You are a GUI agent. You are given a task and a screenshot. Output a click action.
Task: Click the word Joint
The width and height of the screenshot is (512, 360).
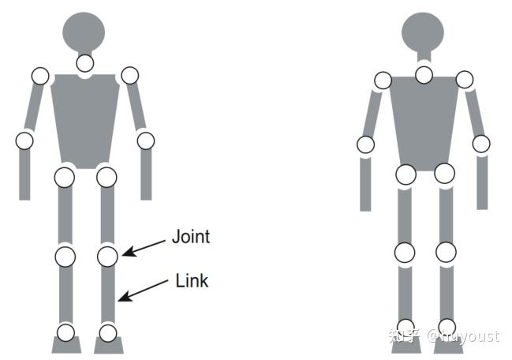tap(191, 236)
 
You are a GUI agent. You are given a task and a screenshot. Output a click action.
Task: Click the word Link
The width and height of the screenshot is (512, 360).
tap(192, 280)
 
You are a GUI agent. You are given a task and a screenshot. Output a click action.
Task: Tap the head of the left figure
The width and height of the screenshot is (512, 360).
tap(84, 32)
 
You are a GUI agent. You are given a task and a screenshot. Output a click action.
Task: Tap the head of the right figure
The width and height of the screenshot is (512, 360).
tap(424, 32)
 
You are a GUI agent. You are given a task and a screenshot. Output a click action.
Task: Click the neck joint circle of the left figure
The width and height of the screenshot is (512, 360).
tap(84, 63)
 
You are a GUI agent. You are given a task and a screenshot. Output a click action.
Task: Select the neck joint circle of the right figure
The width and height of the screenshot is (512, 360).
tap(424, 75)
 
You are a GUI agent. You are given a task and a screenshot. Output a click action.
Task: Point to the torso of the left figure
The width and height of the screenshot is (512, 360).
tap(84, 118)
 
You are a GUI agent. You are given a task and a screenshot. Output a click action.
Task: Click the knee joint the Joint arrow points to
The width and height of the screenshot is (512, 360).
tap(108, 256)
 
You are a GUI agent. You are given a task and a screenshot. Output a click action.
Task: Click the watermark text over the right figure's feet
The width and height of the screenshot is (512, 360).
tap(443, 336)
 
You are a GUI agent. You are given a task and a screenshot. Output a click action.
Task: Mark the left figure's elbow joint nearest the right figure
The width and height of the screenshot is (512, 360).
tap(145, 141)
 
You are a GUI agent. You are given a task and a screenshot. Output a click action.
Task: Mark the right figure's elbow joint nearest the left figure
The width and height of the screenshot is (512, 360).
tap(365, 144)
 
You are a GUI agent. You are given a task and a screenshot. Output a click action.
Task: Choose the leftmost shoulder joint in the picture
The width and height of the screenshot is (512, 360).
tap(40, 76)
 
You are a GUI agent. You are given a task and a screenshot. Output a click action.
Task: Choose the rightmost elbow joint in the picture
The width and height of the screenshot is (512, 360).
tap(481, 144)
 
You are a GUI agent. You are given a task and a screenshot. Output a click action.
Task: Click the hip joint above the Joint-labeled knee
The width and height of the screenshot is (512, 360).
tap(107, 177)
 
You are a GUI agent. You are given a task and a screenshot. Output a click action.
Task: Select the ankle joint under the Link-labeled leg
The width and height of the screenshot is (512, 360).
tap(108, 332)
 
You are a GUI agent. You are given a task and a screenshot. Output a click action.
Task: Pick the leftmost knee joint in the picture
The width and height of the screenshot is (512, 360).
tap(65, 256)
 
